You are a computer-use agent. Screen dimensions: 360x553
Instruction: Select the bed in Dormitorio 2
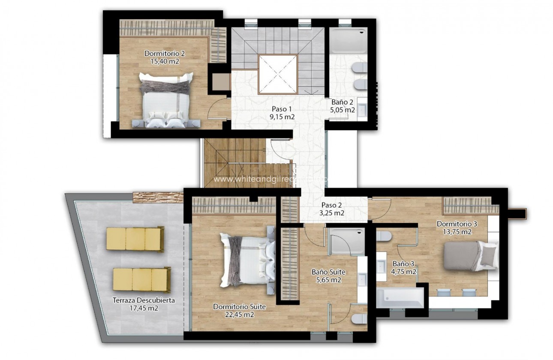[166, 101]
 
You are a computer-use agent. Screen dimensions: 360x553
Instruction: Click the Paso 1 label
[282, 108]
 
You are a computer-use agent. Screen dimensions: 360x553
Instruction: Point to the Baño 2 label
[342, 102]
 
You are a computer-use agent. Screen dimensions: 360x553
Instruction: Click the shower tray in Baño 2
[349, 41]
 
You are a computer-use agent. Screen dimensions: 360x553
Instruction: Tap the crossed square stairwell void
[277, 75]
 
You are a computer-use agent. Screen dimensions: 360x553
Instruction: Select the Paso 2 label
[333, 205]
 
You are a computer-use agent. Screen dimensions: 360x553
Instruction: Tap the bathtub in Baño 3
[400, 297]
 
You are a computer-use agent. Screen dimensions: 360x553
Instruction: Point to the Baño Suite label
[328, 272]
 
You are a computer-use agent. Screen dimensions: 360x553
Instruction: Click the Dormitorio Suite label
[239, 307]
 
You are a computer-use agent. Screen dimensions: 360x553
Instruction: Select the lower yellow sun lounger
[142, 279]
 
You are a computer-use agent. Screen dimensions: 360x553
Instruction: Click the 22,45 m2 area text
[239, 315]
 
